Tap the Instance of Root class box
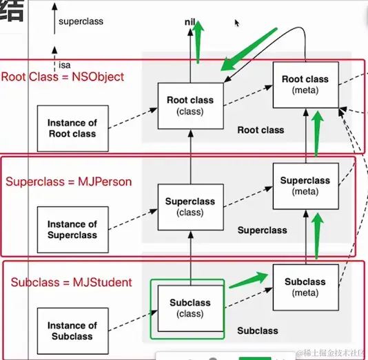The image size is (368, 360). [72, 128]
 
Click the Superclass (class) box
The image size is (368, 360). [190, 207]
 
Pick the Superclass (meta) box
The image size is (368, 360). [305, 186]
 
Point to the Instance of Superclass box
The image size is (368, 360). [72, 230]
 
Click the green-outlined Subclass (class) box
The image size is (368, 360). [188, 308]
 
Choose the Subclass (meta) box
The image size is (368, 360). [305, 287]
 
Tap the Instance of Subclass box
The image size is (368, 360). [72, 331]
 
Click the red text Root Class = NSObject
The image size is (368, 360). [63, 77]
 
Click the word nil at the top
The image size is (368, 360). [191, 22]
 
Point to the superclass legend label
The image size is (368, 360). [81, 21]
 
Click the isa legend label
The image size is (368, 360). [65, 65]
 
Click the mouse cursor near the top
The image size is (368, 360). [237, 23]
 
